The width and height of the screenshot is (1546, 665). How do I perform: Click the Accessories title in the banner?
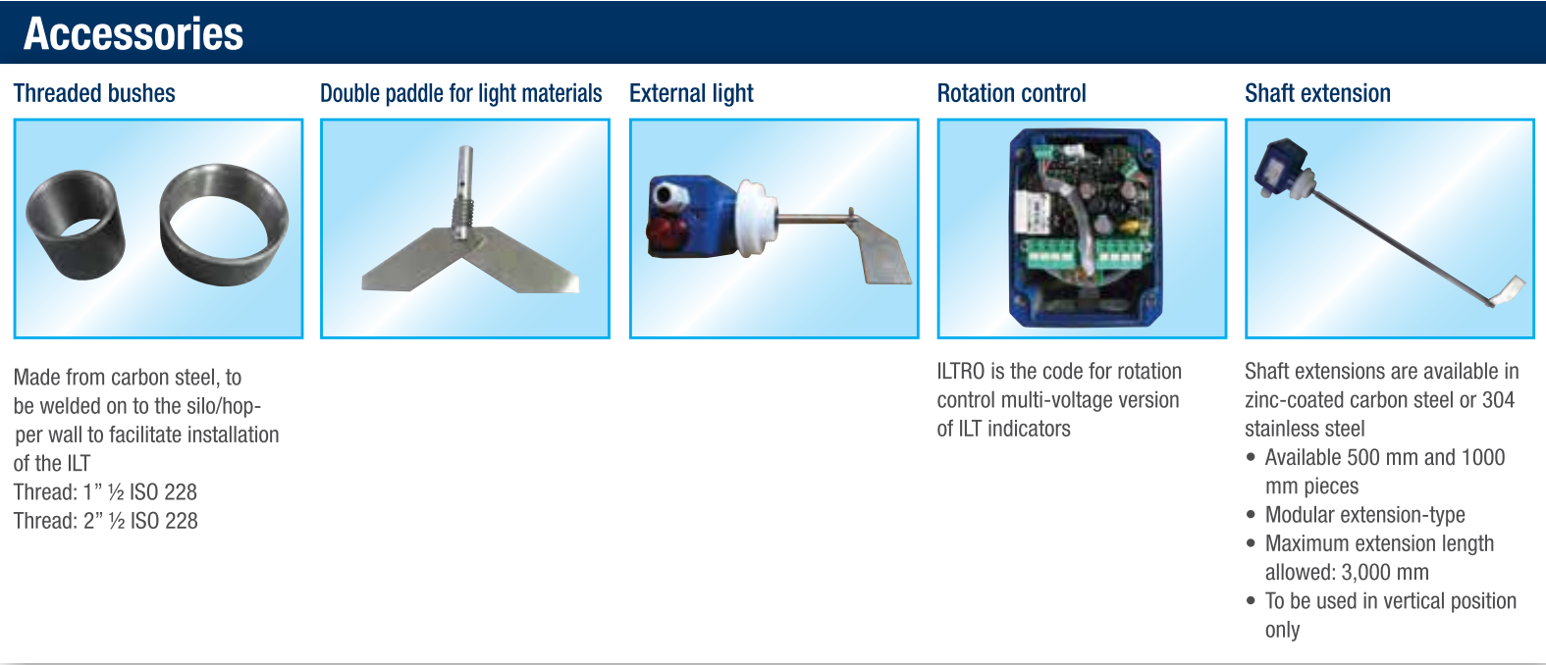[x=133, y=33]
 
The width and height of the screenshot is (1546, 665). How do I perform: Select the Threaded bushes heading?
[x=94, y=93]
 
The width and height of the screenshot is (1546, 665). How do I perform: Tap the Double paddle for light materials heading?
[x=461, y=93]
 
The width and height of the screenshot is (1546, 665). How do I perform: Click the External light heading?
[x=691, y=93]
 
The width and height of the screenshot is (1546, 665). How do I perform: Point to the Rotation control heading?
[x=1011, y=93]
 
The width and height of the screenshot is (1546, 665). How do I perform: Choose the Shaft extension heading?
[x=1317, y=93]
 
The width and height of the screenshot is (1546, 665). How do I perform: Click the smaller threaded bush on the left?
[x=76, y=225]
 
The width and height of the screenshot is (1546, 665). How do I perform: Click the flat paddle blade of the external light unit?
[x=882, y=253]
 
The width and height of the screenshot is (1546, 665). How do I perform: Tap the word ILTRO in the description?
[x=961, y=371]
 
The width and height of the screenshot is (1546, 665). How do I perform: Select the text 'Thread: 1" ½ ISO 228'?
[x=106, y=491]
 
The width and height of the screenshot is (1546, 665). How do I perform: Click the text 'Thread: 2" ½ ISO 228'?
[x=106, y=520]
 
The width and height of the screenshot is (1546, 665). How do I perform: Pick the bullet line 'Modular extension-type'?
[x=1364, y=515]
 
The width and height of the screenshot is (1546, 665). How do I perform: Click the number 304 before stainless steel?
[x=1498, y=400]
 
